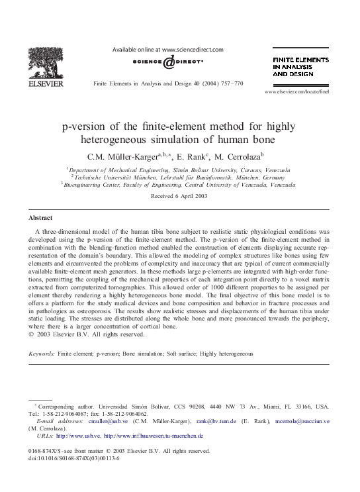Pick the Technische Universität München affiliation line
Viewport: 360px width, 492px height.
point(179,177)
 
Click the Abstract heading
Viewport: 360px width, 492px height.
point(41,218)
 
